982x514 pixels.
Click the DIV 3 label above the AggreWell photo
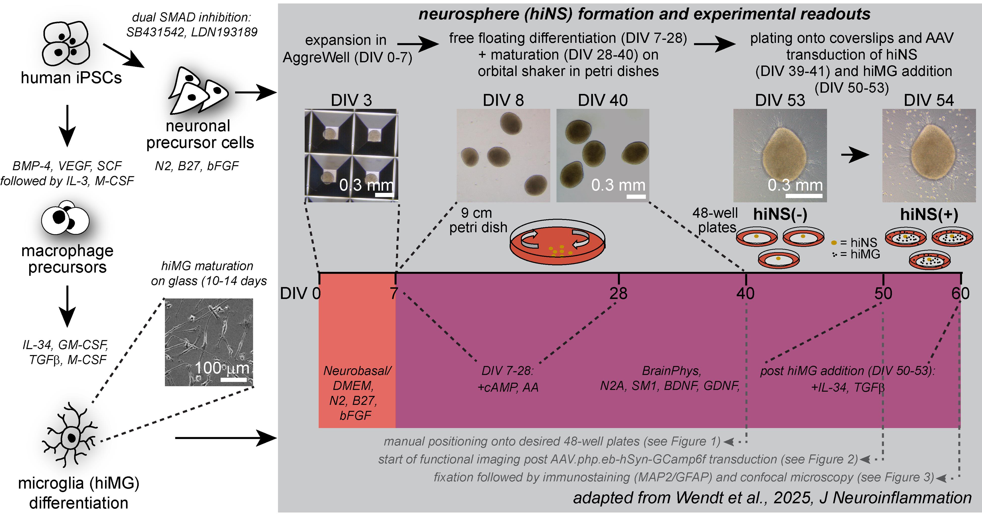tap(351, 100)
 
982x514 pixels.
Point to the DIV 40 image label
tap(603, 100)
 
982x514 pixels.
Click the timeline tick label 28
tap(618, 293)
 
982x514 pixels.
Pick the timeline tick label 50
tap(883, 293)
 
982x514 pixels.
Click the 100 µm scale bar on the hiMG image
tap(234, 380)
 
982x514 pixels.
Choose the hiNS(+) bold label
tap(929, 215)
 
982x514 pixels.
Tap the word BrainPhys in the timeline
tap(671, 371)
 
